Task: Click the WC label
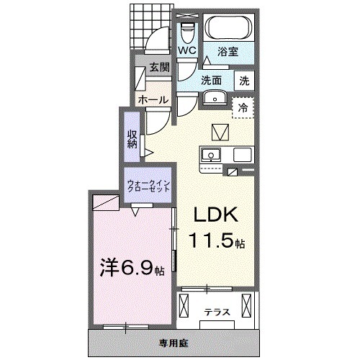coord(187,51)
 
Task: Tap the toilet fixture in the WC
coord(189,32)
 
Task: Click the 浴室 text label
coord(228,51)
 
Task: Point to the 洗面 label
coord(211,80)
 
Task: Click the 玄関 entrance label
coord(158,68)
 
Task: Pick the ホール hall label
coord(153,99)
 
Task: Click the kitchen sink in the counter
coord(212,154)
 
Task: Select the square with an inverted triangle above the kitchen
coord(219,132)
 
